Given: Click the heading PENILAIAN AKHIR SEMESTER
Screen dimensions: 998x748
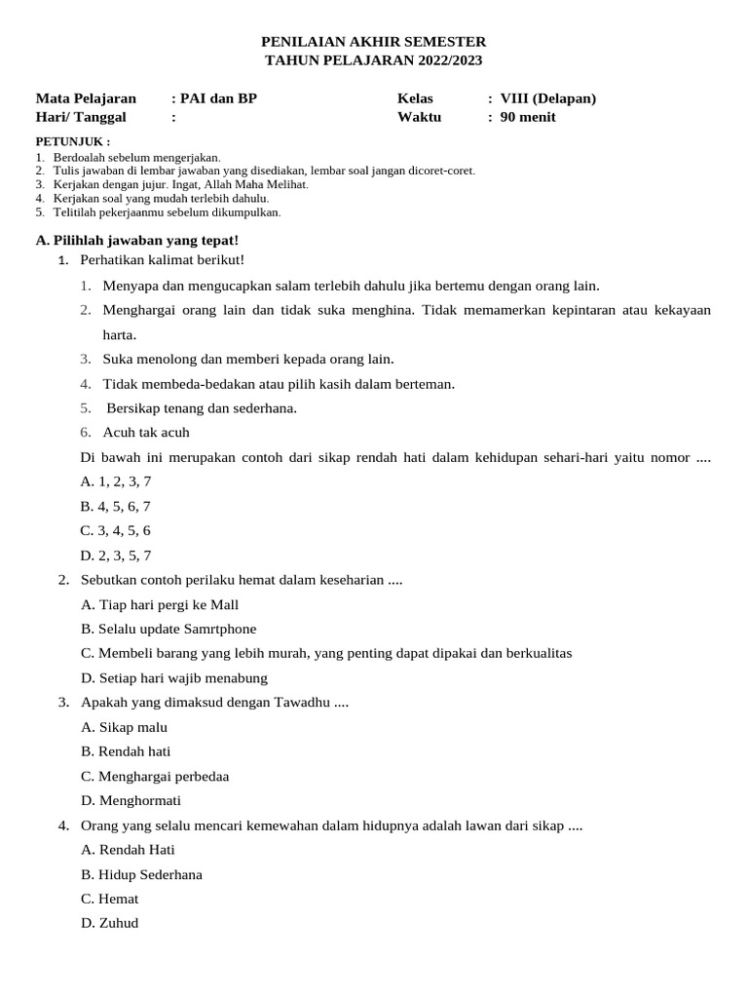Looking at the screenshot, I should click(373, 42).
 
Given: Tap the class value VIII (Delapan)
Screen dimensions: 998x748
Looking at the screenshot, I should click(547, 98).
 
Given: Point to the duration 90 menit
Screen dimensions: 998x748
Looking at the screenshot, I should click(528, 117).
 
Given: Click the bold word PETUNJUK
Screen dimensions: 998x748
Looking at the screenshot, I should click(70, 141).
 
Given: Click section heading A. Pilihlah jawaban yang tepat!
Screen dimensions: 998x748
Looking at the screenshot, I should click(136, 240).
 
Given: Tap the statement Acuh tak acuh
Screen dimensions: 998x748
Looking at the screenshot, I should click(146, 432).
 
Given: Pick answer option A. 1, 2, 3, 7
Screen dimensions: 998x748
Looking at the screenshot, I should click(116, 481).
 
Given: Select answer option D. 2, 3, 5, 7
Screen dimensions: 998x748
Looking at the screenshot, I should click(116, 556).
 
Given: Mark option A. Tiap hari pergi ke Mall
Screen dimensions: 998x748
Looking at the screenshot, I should click(160, 604).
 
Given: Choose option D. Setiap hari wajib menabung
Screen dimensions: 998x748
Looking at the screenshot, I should click(174, 677).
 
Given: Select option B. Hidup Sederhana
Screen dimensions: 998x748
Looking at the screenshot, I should click(142, 874).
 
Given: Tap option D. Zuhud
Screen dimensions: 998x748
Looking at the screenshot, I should click(110, 922).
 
